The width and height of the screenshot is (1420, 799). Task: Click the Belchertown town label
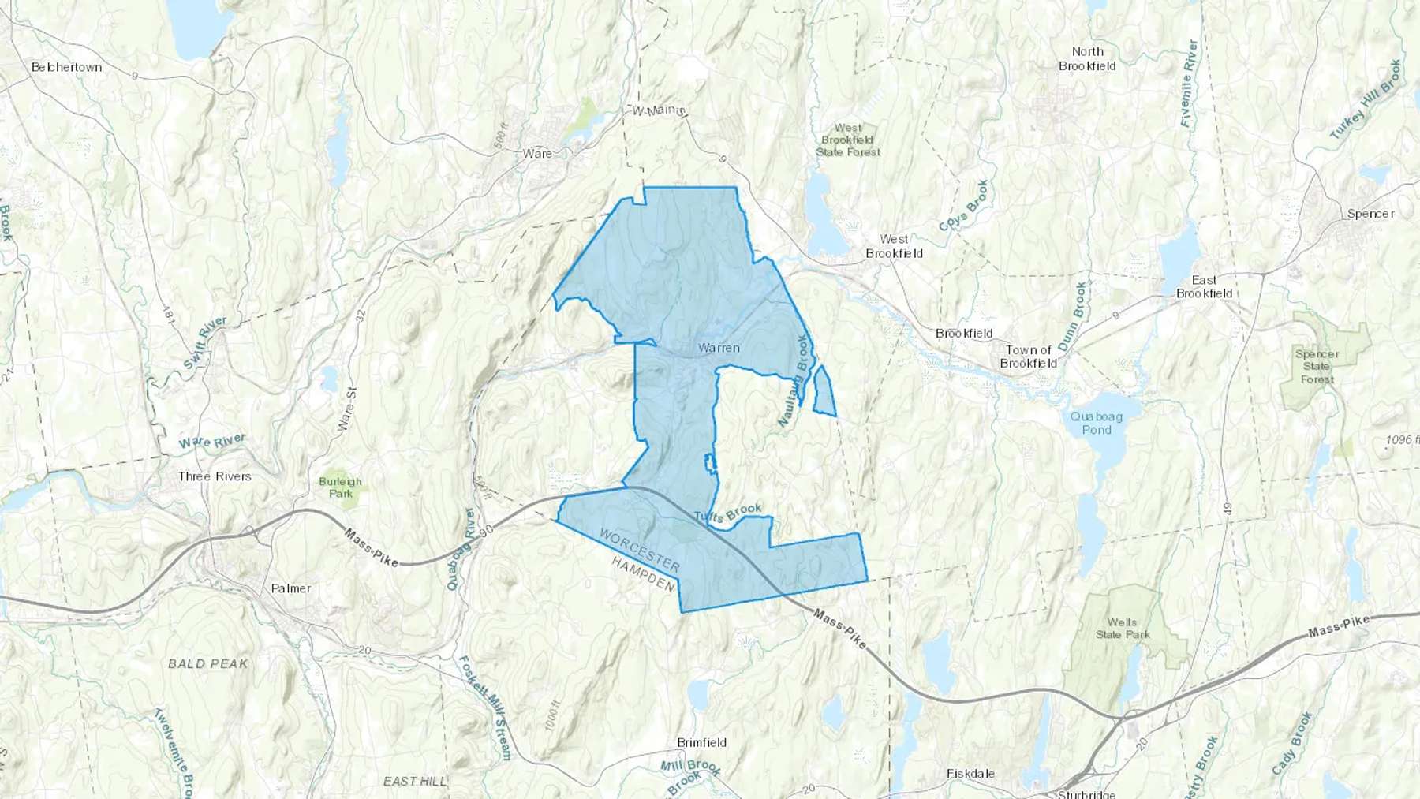click(66, 67)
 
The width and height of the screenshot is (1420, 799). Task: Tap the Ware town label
click(537, 153)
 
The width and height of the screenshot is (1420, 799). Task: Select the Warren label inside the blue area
click(719, 348)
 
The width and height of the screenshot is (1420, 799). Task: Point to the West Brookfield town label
click(894, 246)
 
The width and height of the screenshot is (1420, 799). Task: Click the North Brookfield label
click(1087, 59)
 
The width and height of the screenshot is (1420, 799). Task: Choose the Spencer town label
click(1370, 214)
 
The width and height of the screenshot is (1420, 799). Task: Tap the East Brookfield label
click(1204, 286)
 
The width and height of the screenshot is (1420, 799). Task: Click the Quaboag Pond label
click(1097, 423)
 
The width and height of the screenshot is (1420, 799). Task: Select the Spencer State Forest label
click(1317, 367)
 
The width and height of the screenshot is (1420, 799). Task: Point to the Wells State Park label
click(1123, 628)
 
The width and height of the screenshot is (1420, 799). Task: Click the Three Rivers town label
click(215, 476)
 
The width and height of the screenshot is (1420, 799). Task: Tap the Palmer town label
click(290, 588)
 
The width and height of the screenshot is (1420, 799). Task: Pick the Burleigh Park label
click(341, 487)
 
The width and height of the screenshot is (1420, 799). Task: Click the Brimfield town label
click(701, 742)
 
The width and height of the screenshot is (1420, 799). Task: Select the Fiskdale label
click(970, 774)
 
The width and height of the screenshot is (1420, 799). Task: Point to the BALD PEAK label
click(208, 664)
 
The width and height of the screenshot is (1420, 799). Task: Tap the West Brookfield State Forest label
click(848, 140)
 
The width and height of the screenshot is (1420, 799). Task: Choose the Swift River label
click(205, 343)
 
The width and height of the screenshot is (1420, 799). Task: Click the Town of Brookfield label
click(1029, 357)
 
